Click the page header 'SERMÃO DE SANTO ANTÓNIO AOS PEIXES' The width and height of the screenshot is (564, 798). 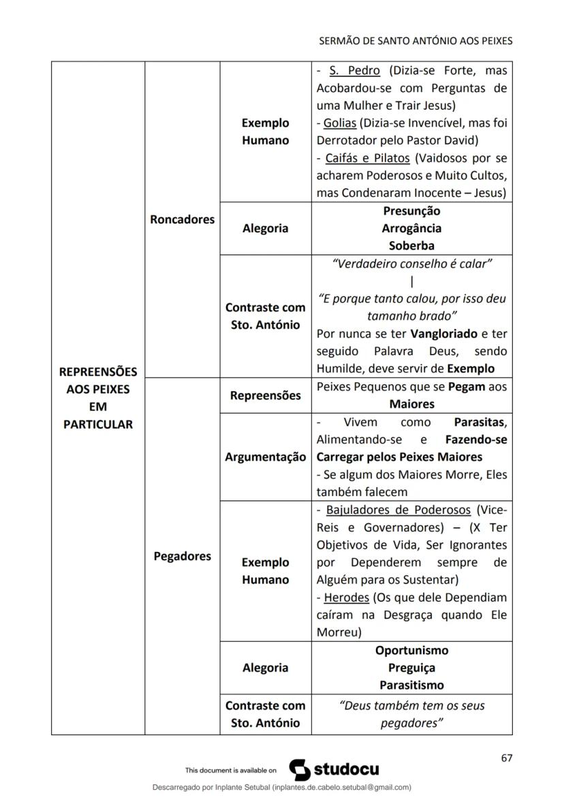click(x=416, y=41)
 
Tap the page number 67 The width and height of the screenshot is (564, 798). click(x=506, y=758)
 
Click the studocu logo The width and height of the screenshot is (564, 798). click(x=334, y=769)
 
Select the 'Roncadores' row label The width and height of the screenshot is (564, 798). click(x=183, y=219)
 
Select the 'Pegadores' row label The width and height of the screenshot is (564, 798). click(x=183, y=556)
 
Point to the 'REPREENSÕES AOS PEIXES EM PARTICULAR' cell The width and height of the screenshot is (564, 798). click(x=98, y=398)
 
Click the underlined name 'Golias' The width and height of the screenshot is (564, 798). click(x=340, y=123)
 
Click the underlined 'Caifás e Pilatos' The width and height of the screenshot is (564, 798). click(x=368, y=158)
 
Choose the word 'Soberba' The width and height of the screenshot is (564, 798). click(x=411, y=245)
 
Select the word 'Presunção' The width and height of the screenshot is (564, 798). click(x=411, y=211)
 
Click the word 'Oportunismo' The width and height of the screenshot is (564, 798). click(x=411, y=650)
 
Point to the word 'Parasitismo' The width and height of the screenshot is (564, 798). click(x=411, y=685)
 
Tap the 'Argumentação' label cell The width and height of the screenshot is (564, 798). click(x=266, y=457)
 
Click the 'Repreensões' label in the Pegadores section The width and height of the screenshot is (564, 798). click(x=266, y=395)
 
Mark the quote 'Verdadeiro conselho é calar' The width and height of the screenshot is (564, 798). click(x=411, y=264)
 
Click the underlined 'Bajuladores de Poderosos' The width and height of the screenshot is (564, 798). click(x=398, y=510)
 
